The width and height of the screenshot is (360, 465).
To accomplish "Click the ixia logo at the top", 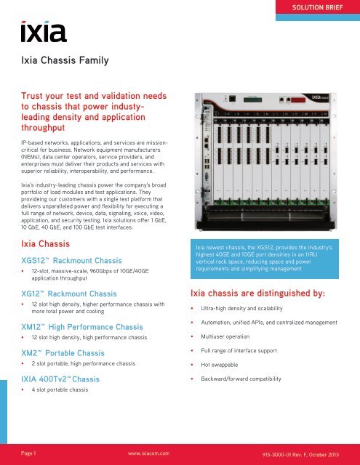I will pyautogui.click(x=44, y=31).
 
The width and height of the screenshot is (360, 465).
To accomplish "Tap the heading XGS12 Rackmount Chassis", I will pyautogui.click(x=74, y=264).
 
